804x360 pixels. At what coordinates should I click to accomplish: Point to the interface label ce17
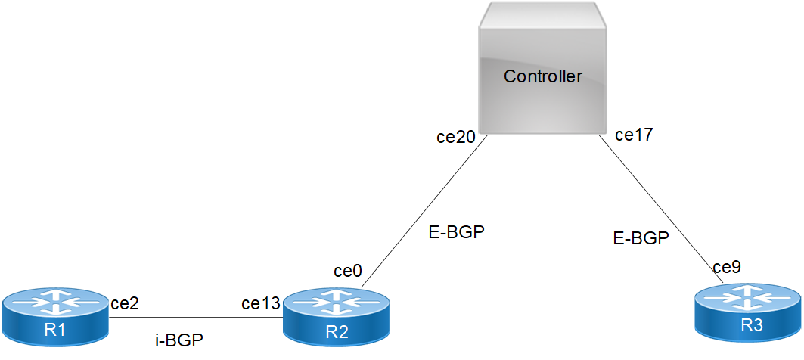click(634, 135)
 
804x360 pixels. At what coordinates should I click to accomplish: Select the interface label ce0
click(349, 271)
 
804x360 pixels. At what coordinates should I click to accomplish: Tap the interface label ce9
click(726, 266)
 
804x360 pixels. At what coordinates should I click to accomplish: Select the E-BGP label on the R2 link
click(455, 232)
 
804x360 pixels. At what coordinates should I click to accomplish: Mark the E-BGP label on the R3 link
click(641, 239)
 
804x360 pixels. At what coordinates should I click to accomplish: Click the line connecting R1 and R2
click(197, 318)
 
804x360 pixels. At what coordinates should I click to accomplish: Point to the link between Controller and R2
click(424, 213)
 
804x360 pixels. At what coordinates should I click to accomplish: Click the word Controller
click(543, 76)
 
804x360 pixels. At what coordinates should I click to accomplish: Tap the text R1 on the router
click(56, 329)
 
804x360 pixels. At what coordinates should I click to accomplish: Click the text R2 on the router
click(337, 330)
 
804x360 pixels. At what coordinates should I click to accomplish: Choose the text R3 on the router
click(747, 326)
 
